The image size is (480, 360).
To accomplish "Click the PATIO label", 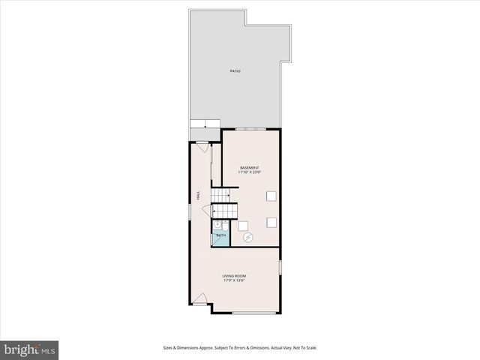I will (x=235, y=70).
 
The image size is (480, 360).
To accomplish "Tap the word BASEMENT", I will (x=249, y=167).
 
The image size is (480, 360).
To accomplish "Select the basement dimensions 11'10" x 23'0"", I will (x=249, y=172).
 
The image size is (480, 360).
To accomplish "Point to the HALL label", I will (x=198, y=194).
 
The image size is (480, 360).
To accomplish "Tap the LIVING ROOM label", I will (x=234, y=276).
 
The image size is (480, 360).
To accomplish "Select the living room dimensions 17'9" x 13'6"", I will (x=234, y=281).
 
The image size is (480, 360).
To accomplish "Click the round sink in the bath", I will (x=217, y=224).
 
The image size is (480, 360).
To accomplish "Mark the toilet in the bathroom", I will (x=224, y=226).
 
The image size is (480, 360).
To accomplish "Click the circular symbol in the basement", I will (x=248, y=238).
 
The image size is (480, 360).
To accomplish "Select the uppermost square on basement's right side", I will (x=271, y=196).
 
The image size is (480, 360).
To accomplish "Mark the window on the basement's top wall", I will (x=250, y=129).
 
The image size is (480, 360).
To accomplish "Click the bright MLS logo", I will (x=29, y=349).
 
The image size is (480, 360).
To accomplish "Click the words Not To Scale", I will (x=304, y=348).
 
